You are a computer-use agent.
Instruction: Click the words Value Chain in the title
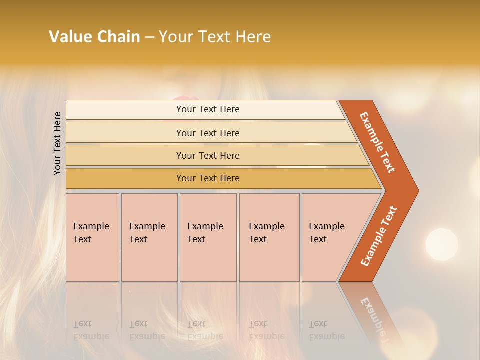(x=94, y=37)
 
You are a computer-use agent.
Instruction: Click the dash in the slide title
(x=149, y=37)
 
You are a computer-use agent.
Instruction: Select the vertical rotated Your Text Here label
(x=57, y=143)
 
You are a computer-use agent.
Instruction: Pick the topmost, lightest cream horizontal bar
(x=205, y=109)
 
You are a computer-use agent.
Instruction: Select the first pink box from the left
(x=92, y=237)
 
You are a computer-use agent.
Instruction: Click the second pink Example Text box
(x=149, y=237)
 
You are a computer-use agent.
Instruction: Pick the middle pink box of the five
(x=208, y=237)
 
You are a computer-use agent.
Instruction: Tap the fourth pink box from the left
(x=269, y=237)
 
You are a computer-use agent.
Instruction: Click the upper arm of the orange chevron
(x=378, y=142)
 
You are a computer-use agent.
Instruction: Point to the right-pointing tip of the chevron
(x=414, y=190)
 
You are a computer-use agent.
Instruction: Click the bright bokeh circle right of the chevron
(x=441, y=244)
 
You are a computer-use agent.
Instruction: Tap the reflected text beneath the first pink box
(x=91, y=330)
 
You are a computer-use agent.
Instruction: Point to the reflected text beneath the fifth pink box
(x=326, y=330)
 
